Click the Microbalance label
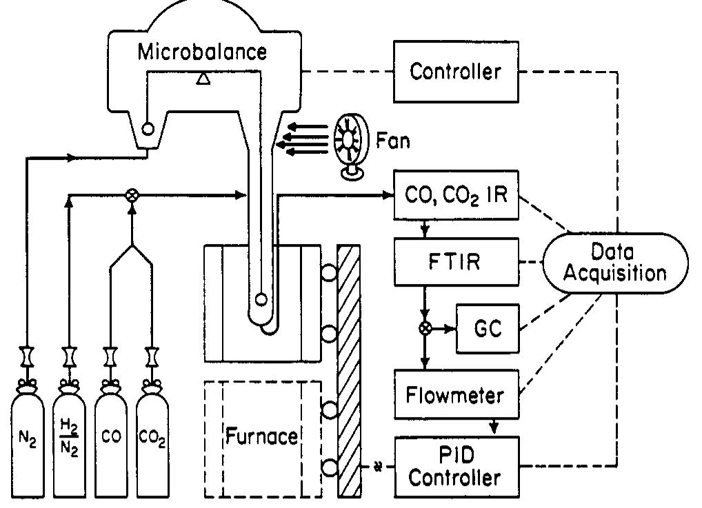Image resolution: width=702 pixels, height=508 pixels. coord(201,52)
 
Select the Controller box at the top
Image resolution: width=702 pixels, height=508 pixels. coord(455,71)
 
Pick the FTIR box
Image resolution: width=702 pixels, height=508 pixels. coord(455,263)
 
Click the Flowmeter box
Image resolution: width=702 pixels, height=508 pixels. coord(455,396)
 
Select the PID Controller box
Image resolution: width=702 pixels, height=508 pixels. coord(455,466)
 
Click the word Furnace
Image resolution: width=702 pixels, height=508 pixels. coord(261,436)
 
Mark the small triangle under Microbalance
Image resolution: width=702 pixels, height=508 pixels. coord(202,79)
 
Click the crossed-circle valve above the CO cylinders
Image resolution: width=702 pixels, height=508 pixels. coord(131,196)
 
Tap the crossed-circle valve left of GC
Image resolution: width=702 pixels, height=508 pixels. coord(425,328)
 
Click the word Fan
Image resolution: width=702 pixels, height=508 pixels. coord(393,141)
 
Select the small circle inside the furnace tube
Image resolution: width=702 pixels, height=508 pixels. coord(261,300)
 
